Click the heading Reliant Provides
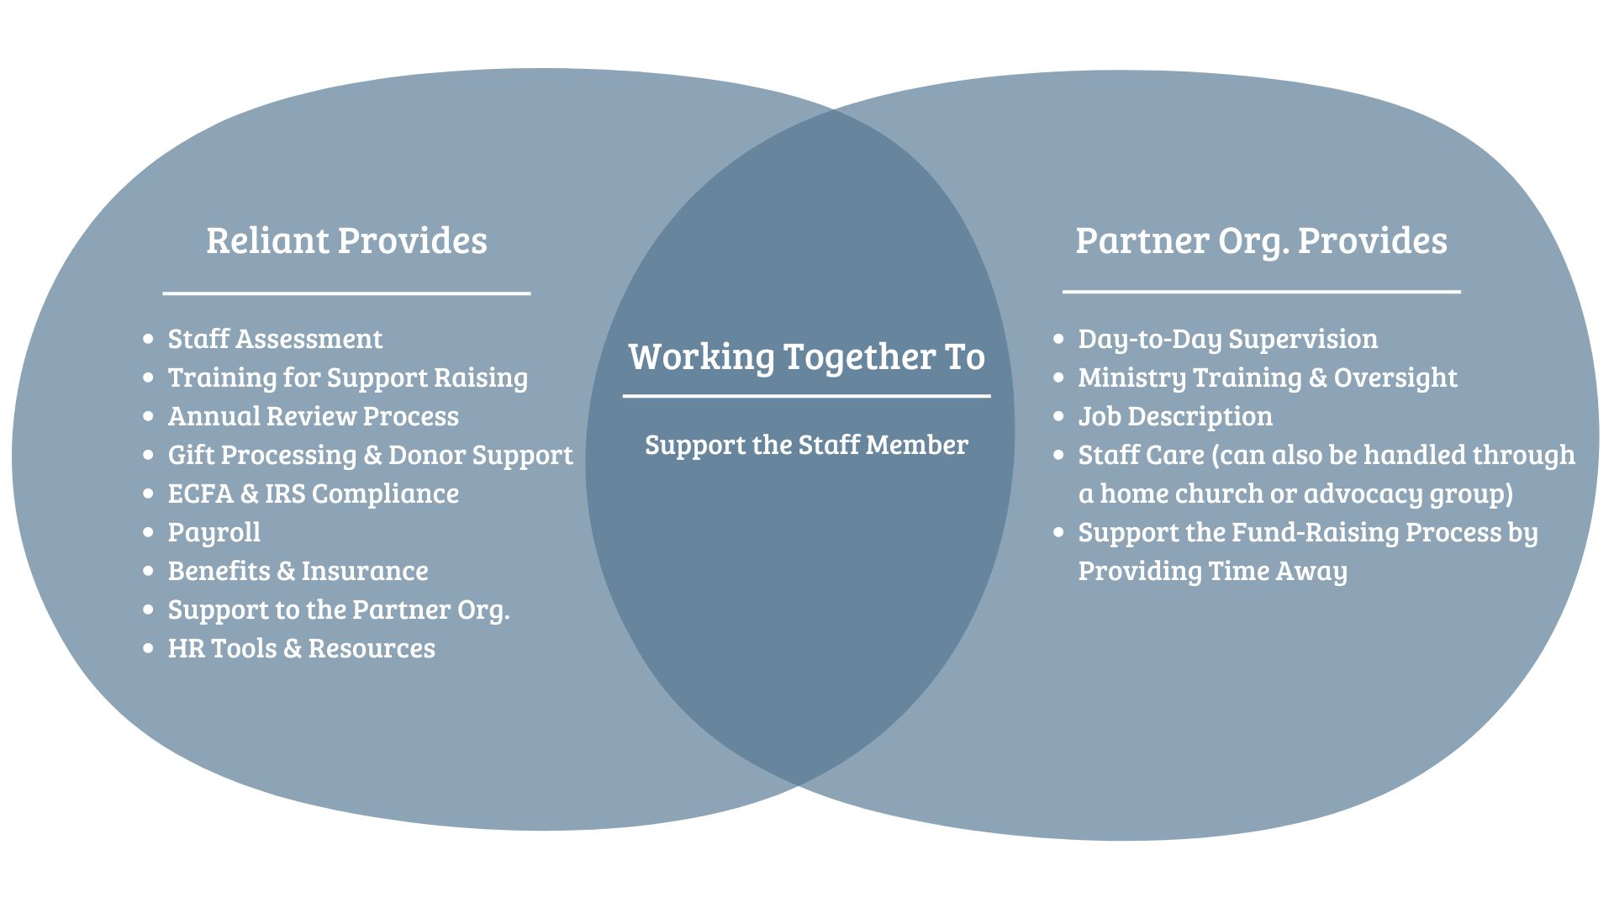[x=346, y=241]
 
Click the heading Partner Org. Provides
[x=1261, y=241]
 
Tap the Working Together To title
[x=806, y=357]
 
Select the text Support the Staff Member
[x=806, y=445]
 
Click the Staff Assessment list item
[x=275, y=339]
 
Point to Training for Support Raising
[x=347, y=377]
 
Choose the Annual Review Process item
[x=313, y=416]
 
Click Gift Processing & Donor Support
[x=370, y=455]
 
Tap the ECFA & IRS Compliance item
[x=313, y=494]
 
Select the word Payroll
[x=214, y=532]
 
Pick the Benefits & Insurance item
[x=298, y=571]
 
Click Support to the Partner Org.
[x=338, y=610]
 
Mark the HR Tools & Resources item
[x=301, y=648]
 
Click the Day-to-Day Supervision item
[x=1227, y=339]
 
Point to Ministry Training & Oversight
[x=1267, y=377]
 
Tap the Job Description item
[x=1174, y=416]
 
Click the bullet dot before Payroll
[x=149, y=532]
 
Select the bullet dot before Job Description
[x=1058, y=416]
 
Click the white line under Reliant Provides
[x=346, y=293]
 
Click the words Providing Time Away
[x=1212, y=571]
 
